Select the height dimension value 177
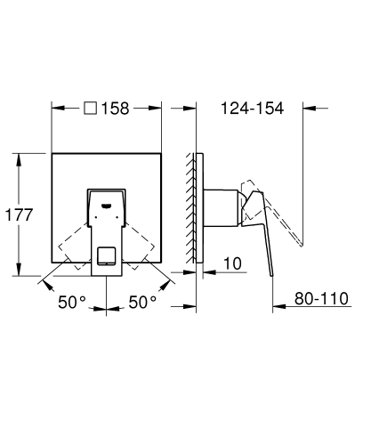coord(20,214)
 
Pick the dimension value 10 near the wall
coord(232,263)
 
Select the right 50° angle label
coord(141,303)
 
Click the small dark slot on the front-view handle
coord(109,204)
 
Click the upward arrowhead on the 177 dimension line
coord(20,157)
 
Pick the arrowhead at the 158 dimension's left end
coord(56,109)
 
